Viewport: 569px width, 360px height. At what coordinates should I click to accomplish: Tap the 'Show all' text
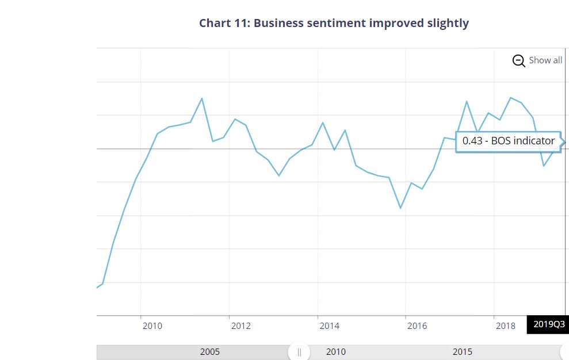(x=545, y=60)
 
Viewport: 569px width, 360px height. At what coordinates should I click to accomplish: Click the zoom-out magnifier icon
(x=518, y=60)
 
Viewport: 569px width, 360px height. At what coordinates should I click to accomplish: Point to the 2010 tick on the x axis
(x=152, y=326)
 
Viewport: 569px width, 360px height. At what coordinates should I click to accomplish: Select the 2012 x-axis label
(x=240, y=326)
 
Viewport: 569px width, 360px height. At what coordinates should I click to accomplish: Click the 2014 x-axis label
(x=329, y=326)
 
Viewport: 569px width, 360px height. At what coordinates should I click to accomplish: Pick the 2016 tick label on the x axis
(x=417, y=326)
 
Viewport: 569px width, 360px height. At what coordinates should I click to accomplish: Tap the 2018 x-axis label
(x=506, y=326)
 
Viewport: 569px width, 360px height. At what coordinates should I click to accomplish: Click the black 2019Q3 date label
(x=549, y=325)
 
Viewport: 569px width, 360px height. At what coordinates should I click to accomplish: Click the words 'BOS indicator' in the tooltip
(x=523, y=141)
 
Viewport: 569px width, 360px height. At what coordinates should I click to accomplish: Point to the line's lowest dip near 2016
(x=400, y=208)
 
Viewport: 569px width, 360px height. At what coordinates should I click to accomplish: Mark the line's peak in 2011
(x=201, y=98)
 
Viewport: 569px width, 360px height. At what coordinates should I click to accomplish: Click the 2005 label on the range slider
(x=209, y=352)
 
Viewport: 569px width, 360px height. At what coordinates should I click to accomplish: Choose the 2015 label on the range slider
(x=462, y=352)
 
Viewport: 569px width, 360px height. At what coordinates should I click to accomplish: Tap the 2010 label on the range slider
(x=336, y=352)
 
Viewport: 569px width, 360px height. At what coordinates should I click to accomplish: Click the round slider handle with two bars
(x=299, y=352)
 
